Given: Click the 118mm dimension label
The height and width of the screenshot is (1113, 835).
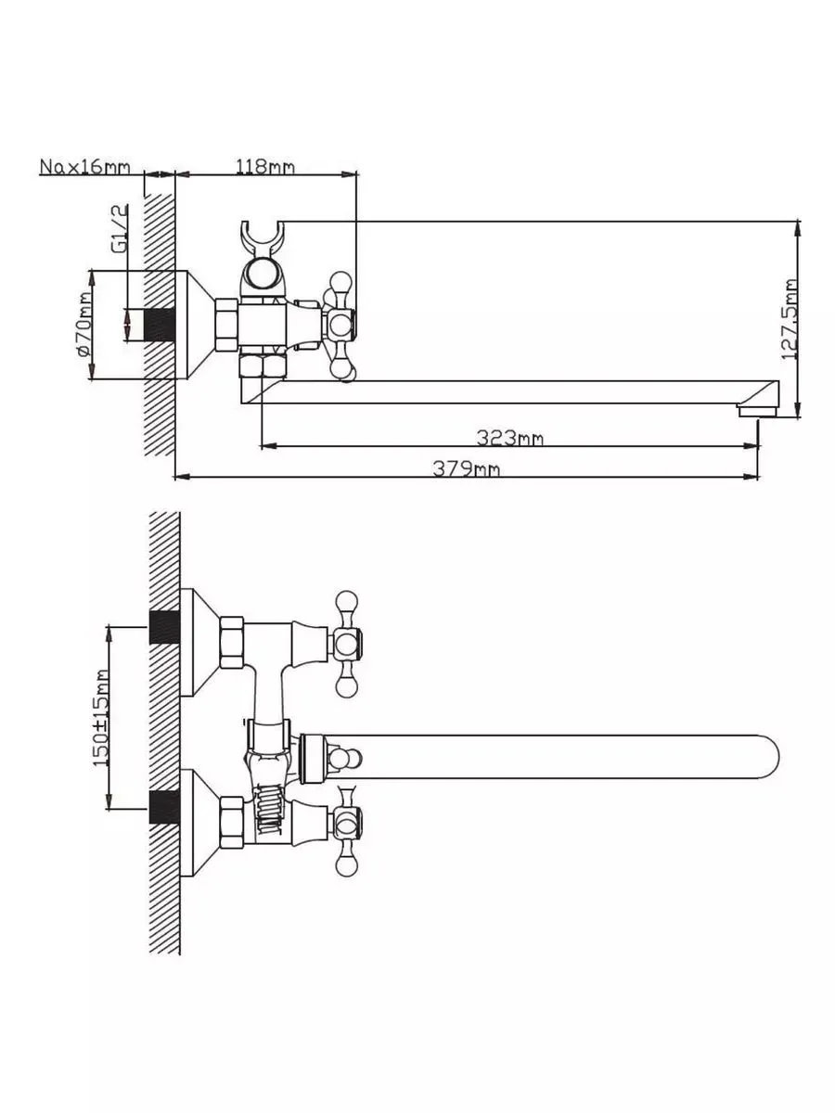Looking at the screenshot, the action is [264, 166].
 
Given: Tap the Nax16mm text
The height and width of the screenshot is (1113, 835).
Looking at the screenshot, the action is [84, 166].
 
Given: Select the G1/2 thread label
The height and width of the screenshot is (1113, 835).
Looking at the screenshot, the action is [120, 228].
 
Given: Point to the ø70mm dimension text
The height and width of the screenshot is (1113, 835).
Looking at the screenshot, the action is [85, 325].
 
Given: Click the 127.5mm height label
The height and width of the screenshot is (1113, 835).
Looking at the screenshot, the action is [789, 319].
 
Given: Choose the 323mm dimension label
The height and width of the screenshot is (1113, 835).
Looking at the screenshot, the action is [509, 438].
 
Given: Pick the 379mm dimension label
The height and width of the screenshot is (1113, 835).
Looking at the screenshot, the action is [466, 468].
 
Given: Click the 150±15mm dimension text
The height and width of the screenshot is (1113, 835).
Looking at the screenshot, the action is [100, 718].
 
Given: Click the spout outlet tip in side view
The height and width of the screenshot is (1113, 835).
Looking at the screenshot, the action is [757, 410].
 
